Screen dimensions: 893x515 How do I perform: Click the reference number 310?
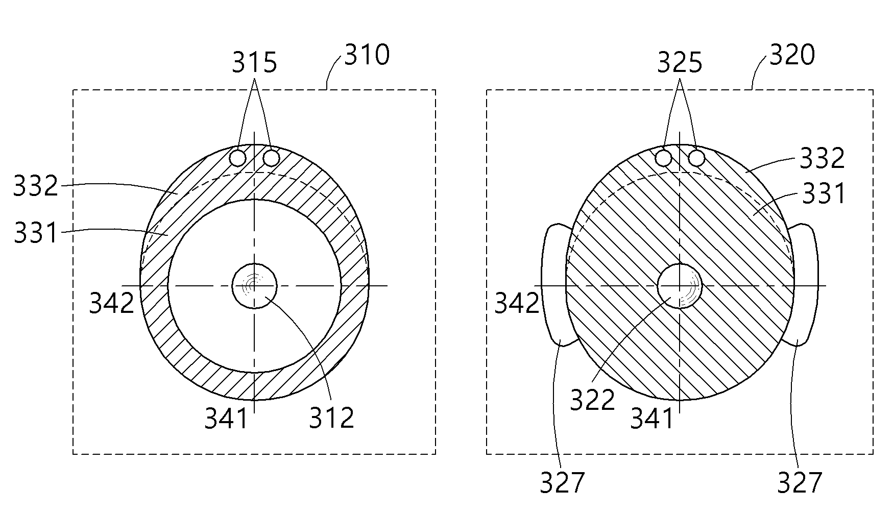click(367, 55)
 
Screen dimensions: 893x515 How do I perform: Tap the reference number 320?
click(792, 55)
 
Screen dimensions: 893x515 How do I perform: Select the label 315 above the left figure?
click(255, 63)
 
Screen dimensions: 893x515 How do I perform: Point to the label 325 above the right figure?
click(680, 63)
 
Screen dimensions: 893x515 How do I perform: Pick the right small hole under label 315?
click(271, 158)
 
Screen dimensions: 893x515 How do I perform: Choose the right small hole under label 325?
click(696, 158)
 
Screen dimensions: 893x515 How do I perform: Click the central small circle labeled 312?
click(254, 286)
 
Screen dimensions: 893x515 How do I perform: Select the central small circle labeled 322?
click(680, 286)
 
